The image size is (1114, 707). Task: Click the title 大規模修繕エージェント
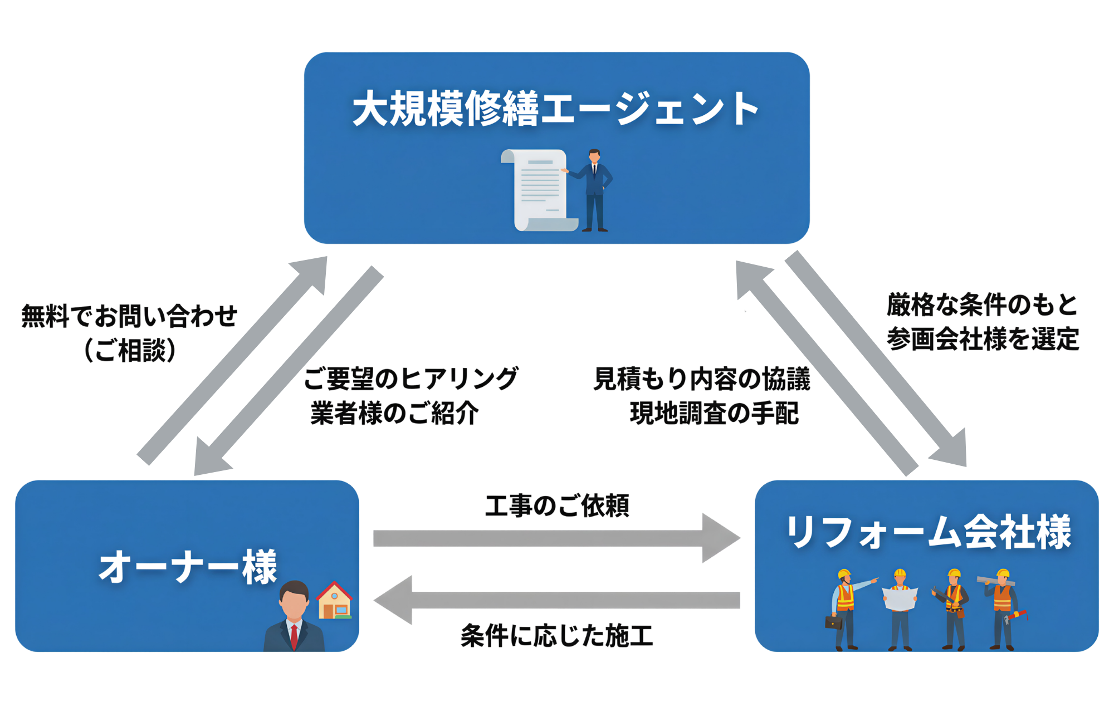pyautogui.click(x=555, y=109)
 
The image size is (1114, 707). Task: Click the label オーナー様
pyautogui.click(x=188, y=567)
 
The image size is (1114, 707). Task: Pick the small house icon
pyautogui.click(x=334, y=601)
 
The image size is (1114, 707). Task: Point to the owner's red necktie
pyautogui.click(x=294, y=637)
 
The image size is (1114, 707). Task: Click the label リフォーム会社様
pyautogui.click(x=927, y=532)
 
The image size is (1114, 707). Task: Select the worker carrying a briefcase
pyautogui.click(x=844, y=610)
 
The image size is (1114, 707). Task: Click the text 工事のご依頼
pyautogui.click(x=557, y=505)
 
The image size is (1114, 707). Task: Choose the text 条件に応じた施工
pyautogui.click(x=557, y=635)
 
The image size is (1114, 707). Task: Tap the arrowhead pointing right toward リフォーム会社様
pyautogui.click(x=721, y=538)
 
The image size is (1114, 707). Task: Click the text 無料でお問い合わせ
pyautogui.click(x=129, y=316)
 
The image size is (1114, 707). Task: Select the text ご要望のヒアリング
pyautogui.click(x=411, y=379)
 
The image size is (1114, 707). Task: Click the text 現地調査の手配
pyautogui.click(x=714, y=413)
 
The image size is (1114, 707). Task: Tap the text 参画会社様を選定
pyautogui.click(x=983, y=339)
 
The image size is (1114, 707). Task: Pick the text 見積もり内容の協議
pyautogui.click(x=702, y=379)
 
